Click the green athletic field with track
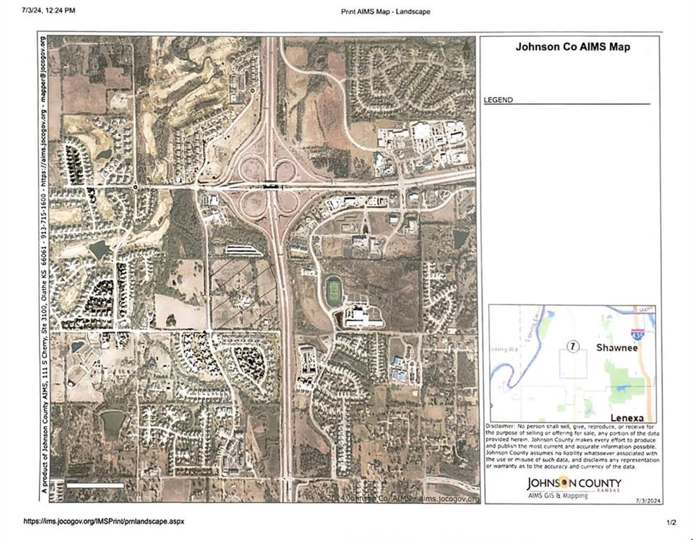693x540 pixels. tap(333, 290)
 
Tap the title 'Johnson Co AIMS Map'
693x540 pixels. tap(572, 48)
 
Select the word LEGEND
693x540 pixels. tap(498, 100)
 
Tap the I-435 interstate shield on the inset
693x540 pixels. tap(637, 334)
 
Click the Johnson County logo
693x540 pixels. tap(574, 483)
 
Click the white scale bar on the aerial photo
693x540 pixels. tap(95, 485)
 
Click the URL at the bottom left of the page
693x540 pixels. tap(103, 522)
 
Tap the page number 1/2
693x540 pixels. tap(671, 522)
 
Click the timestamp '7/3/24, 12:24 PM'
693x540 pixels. tap(49, 11)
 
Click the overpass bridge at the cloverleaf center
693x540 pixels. tap(270, 187)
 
